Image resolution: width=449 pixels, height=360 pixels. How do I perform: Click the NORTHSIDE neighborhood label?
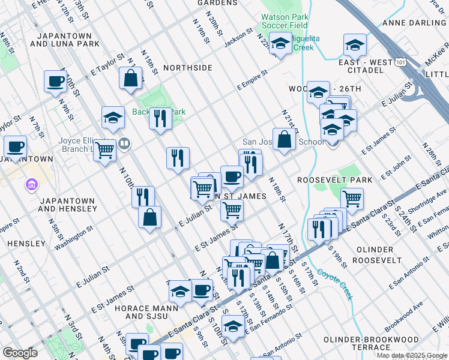point(188,68)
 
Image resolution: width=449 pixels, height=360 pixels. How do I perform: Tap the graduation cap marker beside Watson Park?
point(280,44)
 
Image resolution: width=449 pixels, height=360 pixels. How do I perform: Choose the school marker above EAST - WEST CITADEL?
point(355,45)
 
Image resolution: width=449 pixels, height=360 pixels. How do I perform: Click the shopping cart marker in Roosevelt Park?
point(352,199)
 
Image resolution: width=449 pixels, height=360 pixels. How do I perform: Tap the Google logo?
point(20,352)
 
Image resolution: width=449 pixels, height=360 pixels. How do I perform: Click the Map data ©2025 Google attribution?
point(411,355)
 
